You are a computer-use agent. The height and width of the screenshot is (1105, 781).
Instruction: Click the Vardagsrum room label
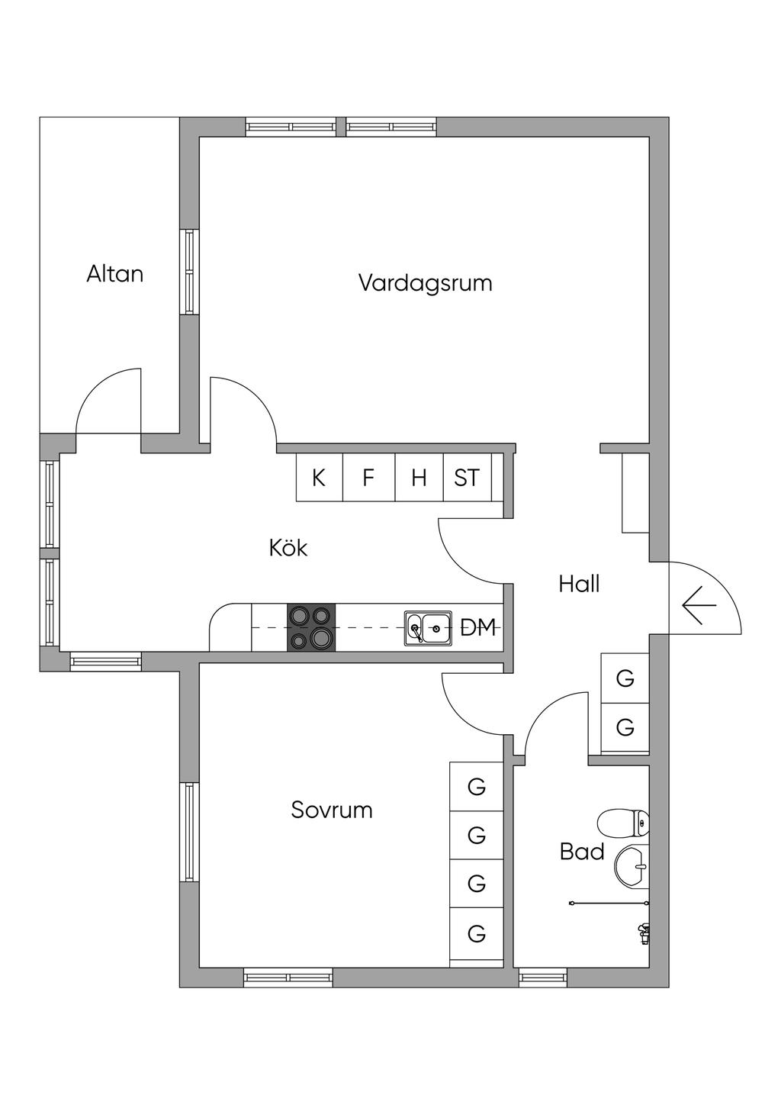point(425,283)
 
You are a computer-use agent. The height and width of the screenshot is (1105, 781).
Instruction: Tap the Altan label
point(114,274)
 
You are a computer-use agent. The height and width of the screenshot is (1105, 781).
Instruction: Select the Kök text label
point(288,548)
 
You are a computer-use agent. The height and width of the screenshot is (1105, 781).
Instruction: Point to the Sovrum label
point(332,810)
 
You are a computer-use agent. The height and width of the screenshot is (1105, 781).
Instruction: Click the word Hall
point(579,585)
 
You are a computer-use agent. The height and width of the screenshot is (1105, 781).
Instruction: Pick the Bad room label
point(582,852)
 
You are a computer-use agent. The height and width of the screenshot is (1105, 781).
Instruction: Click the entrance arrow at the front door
point(699,606)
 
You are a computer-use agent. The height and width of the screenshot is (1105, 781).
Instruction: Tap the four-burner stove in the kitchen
point(310,627)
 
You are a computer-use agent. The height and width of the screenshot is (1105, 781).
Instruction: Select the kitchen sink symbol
point(428,629)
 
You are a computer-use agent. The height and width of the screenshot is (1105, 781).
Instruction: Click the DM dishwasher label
point(478,628)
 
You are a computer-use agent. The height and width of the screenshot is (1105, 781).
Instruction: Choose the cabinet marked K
point(319,478)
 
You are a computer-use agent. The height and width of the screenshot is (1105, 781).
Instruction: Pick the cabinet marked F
point(368,478)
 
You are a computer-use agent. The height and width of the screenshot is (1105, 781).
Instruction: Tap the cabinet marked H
point(419,478)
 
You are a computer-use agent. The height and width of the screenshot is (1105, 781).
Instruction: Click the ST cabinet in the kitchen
point(467,478)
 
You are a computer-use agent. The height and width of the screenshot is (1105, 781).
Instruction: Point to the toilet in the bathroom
point(624,823)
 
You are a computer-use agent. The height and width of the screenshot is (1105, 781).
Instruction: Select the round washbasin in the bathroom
point(632,867)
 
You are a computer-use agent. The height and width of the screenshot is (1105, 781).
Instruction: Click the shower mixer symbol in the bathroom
point(644,932)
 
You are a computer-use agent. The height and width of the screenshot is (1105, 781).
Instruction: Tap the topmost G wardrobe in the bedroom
point(477,787)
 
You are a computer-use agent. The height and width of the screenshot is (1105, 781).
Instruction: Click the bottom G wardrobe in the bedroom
point(477,933)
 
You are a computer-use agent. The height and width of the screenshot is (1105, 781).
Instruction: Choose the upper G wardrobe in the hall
point(625,678)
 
